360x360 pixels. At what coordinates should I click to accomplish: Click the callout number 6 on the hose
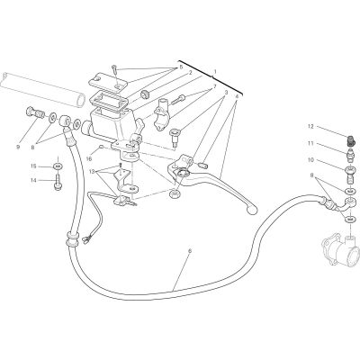tap(189, 251)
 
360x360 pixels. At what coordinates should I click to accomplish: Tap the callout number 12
tap(310, 127)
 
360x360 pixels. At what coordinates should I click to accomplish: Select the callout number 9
tap(18, 148)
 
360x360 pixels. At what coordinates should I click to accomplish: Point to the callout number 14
tap(33, 180)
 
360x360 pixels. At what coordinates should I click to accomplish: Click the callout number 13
tap(92, 172)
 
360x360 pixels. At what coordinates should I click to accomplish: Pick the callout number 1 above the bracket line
tap(215, 72)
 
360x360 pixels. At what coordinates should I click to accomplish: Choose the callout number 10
tap(310, 160)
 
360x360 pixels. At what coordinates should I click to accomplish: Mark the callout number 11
tap(310, 143)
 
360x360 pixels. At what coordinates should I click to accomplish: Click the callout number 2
tap(190, 72)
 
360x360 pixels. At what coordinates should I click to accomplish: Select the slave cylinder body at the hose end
tap(340, 250)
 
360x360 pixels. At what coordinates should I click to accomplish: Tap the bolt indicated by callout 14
tap(58, 183)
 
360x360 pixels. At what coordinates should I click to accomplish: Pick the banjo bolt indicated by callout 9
tap(33, 113)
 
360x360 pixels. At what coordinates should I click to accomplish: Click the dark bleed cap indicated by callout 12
tap(349, 139)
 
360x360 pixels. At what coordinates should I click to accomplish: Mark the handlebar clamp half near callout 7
tap(161, 114)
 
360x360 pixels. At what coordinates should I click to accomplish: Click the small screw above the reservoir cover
tap(114, 70)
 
